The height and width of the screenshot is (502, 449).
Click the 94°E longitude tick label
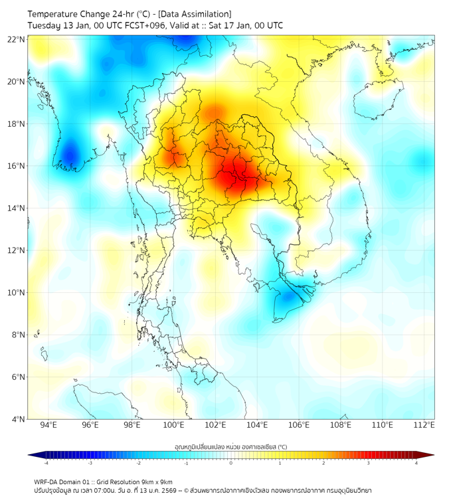48,425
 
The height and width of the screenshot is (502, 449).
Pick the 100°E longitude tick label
174,425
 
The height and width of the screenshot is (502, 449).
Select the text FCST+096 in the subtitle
143,25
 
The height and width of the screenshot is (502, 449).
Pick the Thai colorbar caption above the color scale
230,446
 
